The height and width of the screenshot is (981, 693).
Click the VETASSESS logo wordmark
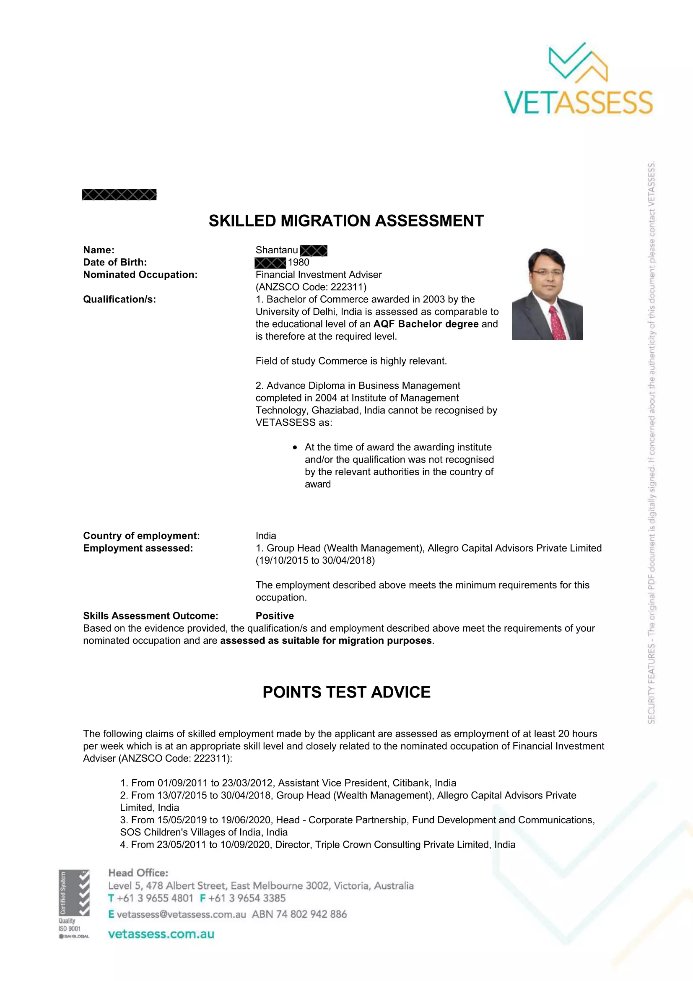(x=578, y=102)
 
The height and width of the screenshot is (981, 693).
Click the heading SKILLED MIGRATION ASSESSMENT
(x=346, y=221)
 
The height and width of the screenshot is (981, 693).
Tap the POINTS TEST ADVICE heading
(x=346, y=692)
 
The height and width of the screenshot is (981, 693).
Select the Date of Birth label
(x=115, y=262)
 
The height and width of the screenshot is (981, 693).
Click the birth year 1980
(x=298, y=262)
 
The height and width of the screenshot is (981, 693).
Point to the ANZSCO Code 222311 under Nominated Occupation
(x=311, y=287)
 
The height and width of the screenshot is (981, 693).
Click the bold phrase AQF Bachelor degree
(x=426, y=324)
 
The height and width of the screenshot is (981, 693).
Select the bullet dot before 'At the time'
(x=295, y=448)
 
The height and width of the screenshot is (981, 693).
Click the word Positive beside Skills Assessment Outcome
(x=275, y=616)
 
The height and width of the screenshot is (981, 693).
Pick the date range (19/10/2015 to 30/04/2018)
(x=315, y=561)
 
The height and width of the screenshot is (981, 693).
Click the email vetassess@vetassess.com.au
(x=181, y=914)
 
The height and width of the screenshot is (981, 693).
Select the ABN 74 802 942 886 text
(x=299, y=914)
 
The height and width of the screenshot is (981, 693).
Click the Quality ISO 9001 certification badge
(x=74, y=904)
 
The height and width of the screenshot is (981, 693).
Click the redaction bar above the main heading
(x=119, y=195)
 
